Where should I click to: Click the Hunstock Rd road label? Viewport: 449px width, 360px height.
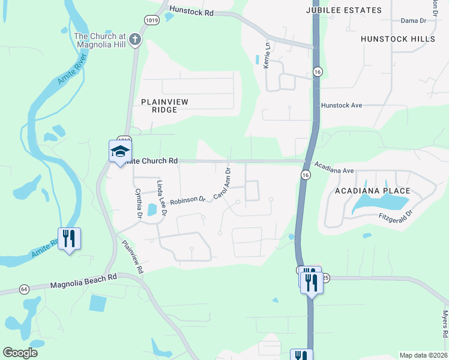click(191, 10)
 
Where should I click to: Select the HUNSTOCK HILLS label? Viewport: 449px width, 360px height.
click(398, 39)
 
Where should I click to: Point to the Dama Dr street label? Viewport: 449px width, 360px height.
click(413, 20)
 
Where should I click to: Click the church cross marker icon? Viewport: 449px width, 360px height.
click(136, 40)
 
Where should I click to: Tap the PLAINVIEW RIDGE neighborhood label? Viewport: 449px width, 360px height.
click(164, 106)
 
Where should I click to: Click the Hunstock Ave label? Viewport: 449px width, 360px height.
click(342, 105)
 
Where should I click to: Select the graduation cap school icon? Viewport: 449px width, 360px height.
click(120, 151)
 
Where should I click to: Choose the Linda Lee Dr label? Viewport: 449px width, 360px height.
click(161, 194)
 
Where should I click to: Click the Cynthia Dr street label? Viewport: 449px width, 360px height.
click(139, 203)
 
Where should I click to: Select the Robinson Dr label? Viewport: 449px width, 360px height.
click(188, 200)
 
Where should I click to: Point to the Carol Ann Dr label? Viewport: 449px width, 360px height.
click(222, 183)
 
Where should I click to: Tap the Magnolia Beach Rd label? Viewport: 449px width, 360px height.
click(84, 283)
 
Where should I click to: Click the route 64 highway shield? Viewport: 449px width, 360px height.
click(24, 289)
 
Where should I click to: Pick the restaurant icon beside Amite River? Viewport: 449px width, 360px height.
click(70, 238)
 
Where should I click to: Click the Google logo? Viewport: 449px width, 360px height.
click(20, 353)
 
